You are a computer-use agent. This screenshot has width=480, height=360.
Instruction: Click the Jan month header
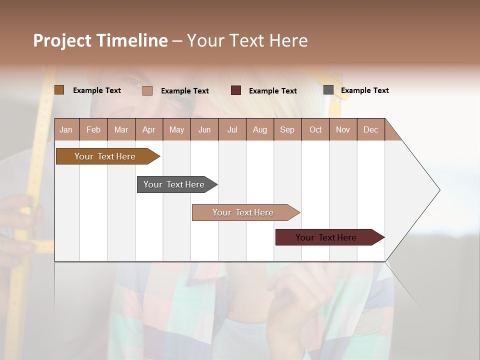click(x=66, y=129)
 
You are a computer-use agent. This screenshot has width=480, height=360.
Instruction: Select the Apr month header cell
click(x=149, y=129)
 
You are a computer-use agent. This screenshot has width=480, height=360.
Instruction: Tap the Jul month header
click(x=232, y=129)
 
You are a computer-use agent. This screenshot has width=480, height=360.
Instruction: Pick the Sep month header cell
click(x=287, y=129)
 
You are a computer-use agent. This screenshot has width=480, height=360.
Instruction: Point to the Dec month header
click(x=370, y=129)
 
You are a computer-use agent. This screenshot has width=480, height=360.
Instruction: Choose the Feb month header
click(x=93, y=129)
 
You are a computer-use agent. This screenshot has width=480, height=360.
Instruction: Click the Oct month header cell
click(x=315, y=129)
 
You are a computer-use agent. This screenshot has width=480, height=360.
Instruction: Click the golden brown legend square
click(x=59, y=90)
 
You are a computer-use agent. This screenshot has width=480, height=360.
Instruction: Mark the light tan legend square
click(x=147, y=90)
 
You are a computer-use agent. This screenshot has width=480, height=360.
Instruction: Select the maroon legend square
click(x=236, y=90)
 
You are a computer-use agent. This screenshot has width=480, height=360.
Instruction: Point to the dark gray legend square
click(x=328, y=90)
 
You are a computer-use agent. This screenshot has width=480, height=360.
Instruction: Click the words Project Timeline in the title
click(x=100, y=40)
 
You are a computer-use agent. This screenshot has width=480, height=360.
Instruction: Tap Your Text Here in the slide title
click(x=247, y=40)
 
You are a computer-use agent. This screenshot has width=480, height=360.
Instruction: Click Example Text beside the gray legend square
click(x=364, y=90)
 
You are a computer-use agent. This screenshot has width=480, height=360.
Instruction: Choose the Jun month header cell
click(x=204, y=129)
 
